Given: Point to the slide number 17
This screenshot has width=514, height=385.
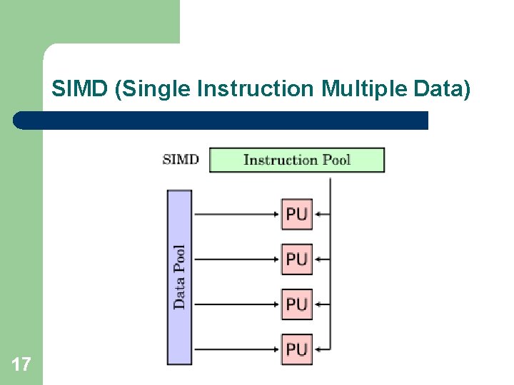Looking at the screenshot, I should [21, 366].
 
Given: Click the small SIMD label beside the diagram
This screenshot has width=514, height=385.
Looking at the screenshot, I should [181, 159].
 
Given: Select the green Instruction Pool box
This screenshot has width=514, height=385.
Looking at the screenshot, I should [296, 160].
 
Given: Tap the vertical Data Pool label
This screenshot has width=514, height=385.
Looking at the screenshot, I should [180, 277].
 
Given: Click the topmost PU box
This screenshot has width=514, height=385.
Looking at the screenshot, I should [296, 214].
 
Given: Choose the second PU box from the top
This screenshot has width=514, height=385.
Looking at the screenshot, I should [296, 259].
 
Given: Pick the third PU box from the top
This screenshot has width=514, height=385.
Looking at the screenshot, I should [296, 304].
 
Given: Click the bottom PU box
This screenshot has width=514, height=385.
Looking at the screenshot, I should [296, 349].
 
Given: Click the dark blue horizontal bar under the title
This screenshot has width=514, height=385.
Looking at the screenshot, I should [221, 120].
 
